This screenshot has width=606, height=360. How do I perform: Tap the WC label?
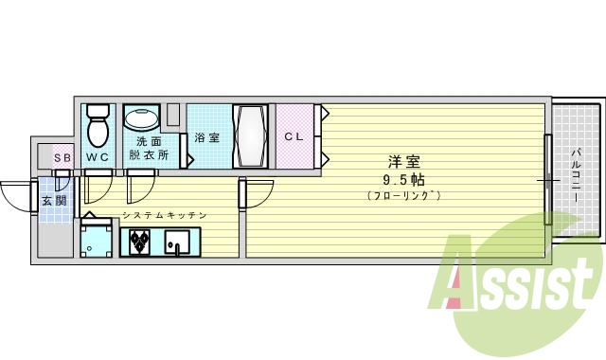click(x=98, y=156)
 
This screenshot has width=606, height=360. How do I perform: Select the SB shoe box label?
click(x=61, y=157)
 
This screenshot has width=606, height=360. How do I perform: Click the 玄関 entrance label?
click(x=54, y=201)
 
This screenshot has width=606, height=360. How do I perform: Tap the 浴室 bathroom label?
click(x=206, y=137)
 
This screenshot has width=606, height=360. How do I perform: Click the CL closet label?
click(x=294, y=135)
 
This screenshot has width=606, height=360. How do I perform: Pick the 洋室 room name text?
click(x=402, y=161)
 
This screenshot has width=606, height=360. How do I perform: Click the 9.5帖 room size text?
click(x=402, y=178)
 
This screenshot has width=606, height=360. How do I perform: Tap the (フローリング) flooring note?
click(x=402, y=195)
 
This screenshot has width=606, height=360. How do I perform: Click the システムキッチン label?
click(x=164, y=217)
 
